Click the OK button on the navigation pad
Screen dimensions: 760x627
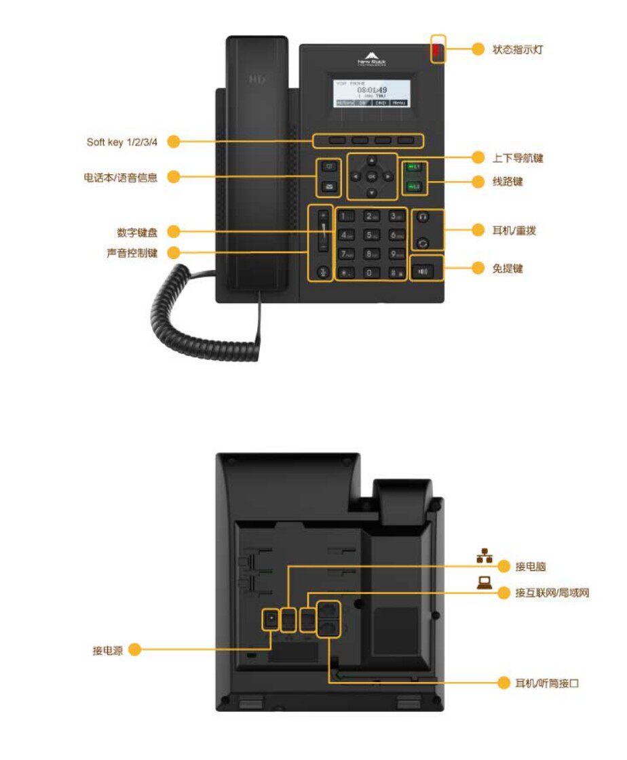pyautogui.click(x=371, y=176)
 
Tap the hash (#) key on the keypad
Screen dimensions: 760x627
pyautogui.click(x=396, y=273)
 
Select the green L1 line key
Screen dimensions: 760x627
pyautogui.click(x=414, y=167)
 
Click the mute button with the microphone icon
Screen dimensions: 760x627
pyautogui.click(x=324, y=273)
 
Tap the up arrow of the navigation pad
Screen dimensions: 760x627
pyautogui.click(x=371, y=161)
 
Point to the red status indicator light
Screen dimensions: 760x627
pyautogui.click(x=438, y=49)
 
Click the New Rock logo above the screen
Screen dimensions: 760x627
pyautogui.click(x=372, y=59)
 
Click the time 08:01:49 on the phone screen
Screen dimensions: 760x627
pyautogui.click(x=372, y=89)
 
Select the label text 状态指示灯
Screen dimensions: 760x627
pyautogui.click(x=518, y=49)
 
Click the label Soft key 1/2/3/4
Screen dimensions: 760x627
pyautogui.click(x=122, y=142)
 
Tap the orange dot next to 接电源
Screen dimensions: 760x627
pyautogui.click(x=134, y=649)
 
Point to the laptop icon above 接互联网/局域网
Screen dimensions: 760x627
pyautogui.click(x=484, y=582)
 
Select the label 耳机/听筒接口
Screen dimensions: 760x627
pyautogui.click(x=547, y=683)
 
